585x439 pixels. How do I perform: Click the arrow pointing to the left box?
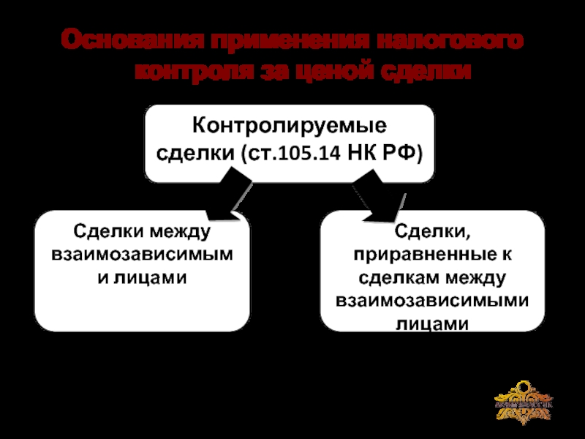tap(227, 196)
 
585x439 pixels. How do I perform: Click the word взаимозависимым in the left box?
tap(143, 255)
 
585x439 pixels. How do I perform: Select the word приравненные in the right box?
tap(424, 255)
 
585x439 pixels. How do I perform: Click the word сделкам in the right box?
tap(396, 278)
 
